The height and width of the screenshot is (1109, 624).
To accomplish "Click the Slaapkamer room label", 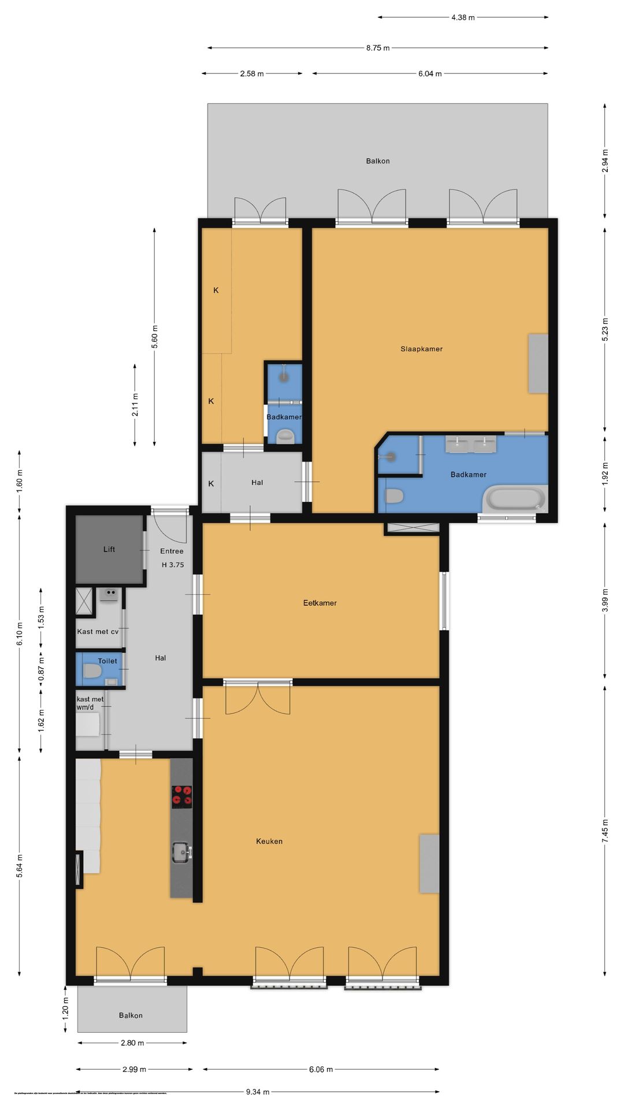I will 421,349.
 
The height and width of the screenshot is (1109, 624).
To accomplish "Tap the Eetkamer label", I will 320,603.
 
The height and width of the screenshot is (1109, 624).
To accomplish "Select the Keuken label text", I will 269,842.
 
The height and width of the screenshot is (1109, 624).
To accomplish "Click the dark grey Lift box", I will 109,549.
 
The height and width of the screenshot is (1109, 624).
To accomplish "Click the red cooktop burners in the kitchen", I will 181,796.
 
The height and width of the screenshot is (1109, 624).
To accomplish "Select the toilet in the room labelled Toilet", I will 92,671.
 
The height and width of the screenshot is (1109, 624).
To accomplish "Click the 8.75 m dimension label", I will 377,48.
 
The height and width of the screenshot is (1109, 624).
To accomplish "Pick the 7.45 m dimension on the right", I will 605,831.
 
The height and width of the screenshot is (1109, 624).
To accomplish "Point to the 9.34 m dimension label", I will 257,1092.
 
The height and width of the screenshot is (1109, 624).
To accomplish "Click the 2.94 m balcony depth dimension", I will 605,161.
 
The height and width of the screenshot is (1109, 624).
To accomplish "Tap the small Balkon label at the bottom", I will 131,1015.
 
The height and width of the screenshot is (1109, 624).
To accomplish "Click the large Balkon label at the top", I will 377,161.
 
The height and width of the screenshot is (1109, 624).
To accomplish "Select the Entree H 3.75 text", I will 172,557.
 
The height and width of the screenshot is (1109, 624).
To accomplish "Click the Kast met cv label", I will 98,632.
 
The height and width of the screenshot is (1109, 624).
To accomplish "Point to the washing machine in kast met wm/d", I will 88,724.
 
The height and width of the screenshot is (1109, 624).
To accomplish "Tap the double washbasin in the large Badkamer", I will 470,444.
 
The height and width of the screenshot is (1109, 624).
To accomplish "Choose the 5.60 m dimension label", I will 154,337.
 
